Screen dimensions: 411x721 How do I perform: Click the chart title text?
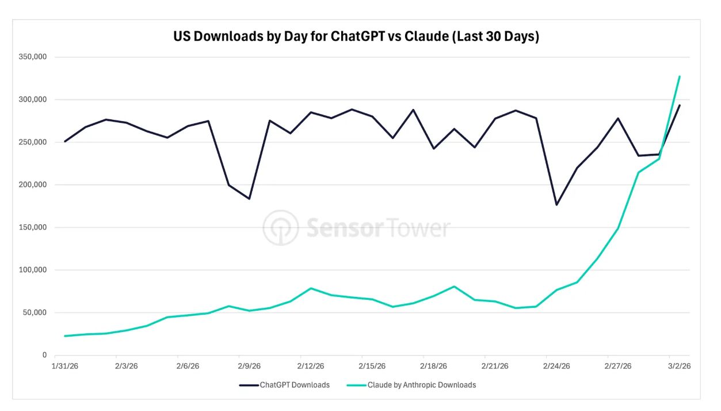(356, 37)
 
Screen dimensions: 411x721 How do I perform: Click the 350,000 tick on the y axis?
(33, 57)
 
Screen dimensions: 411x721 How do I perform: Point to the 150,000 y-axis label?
(33, 228)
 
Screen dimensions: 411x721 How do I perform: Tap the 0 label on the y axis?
(44, 355)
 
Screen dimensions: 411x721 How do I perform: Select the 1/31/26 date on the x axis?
(64, 366)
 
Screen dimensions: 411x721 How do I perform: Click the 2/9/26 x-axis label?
(249, 366)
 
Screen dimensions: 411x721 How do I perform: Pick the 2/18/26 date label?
(433, 366)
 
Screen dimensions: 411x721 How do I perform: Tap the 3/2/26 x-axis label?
(679, 366)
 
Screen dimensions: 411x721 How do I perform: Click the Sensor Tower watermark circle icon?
(281, 228)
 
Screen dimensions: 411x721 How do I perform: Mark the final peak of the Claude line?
(680, 76)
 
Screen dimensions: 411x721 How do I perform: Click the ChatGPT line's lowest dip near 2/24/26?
(556, 205)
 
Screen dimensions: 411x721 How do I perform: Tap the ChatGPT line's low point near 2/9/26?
(249, 198)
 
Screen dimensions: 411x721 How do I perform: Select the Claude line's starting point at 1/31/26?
(65, 335)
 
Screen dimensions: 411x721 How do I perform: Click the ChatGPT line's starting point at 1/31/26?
(65, 141)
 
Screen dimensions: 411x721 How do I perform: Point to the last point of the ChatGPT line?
(680, 105)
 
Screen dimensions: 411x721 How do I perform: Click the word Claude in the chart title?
(427, 37)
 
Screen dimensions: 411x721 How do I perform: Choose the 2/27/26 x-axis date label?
(618, 366)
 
